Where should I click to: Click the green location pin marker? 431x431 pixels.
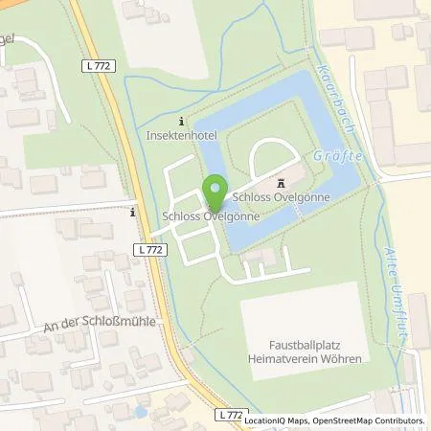[x=216, y=192]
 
